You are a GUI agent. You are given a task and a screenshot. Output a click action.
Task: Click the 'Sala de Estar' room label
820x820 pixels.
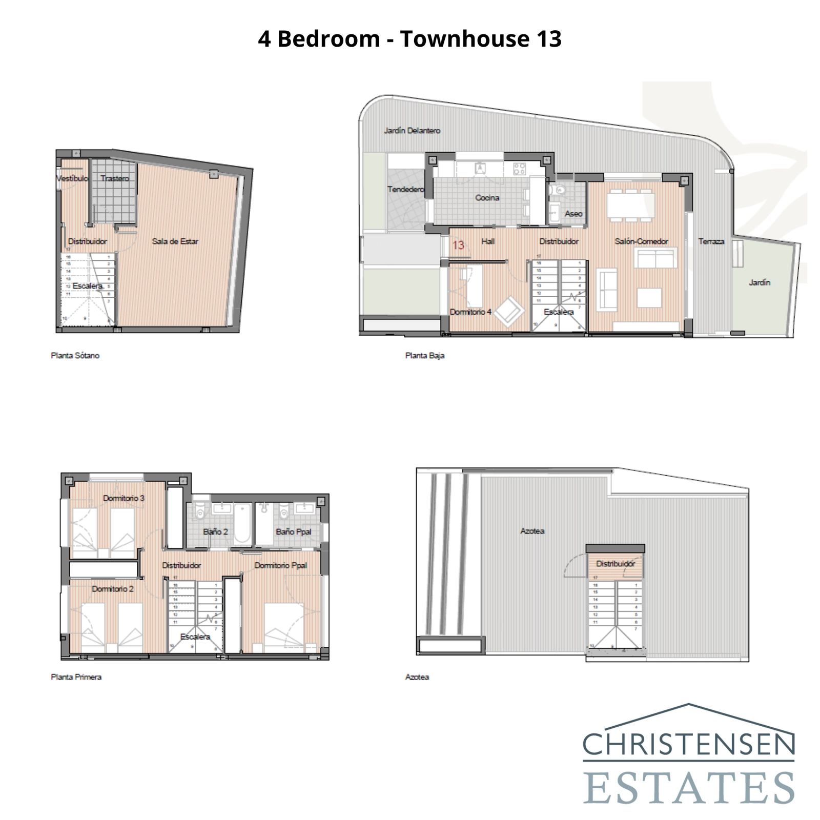(x=175, y=241)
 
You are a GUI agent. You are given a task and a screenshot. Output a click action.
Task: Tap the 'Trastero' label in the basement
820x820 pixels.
(x=115, y=178)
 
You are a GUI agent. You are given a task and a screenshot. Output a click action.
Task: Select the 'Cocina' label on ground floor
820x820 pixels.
(x=487, y=198)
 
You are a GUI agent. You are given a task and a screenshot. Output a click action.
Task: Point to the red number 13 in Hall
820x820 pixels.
(x=458, y=245)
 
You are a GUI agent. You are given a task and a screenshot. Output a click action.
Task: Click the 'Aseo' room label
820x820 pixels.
(x=573, y=214)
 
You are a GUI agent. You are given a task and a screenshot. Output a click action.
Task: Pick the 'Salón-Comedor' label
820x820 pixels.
(x=641, y=241)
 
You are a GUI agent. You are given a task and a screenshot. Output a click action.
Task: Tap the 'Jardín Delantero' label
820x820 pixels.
(x=412, y=131)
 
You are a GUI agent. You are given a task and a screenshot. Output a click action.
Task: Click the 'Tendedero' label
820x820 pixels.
(x=406, y=190)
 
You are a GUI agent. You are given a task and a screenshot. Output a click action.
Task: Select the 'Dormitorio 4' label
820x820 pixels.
(x=470, y=312)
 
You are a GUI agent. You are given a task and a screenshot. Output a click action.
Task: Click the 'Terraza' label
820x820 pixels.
(x=711, y=241)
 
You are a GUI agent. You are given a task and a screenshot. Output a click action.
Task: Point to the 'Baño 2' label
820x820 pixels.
(x=215, y=531)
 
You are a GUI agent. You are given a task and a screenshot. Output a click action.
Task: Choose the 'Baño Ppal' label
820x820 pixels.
(x=293, y=531)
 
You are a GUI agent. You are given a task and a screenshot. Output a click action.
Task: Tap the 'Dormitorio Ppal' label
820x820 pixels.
(x=281, y=565)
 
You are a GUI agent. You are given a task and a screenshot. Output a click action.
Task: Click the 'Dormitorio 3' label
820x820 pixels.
(x=124, y=498)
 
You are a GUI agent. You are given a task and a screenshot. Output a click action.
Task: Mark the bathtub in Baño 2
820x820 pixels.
(x=242, y=524)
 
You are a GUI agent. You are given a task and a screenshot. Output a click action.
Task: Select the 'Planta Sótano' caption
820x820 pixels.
(x=75, y=356)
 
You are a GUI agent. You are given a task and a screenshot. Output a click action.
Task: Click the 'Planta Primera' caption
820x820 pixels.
(x=76, y=677)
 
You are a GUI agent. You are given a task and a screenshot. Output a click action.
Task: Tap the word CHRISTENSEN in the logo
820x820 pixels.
(x=688, y=745)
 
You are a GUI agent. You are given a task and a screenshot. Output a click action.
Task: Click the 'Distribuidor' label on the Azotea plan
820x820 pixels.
(x=616, y=564)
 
